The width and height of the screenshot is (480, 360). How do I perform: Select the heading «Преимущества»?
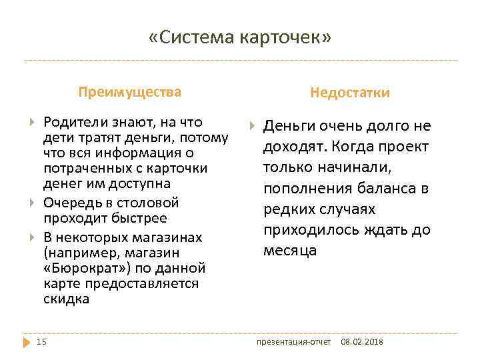pos(129,91)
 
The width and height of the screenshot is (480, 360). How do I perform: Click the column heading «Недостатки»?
pos(350,93)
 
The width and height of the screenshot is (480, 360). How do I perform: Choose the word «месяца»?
pos(290,251)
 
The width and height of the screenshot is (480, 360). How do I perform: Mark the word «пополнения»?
pos(302,189)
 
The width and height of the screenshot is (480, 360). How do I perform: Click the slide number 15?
pos(41,342)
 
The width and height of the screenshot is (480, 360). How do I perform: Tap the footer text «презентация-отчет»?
pos(294,342)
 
